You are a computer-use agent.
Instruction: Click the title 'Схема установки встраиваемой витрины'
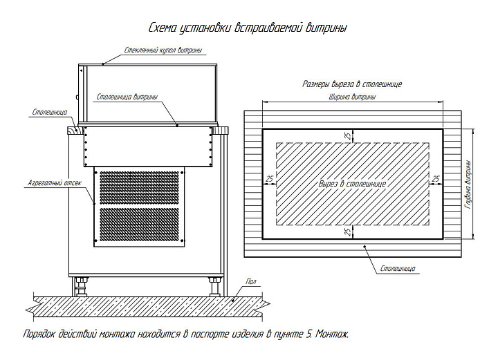(x=248, y=28)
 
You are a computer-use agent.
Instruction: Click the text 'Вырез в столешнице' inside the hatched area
(x=352, y=184)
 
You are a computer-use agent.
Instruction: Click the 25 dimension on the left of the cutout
(x=268, y=179)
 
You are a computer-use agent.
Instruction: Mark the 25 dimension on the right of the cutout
(x=436, y=179)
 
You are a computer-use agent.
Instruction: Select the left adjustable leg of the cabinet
(x=81, y=283)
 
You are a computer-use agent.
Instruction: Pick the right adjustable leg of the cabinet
(x=212, y=283)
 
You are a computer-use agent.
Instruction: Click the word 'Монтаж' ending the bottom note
(x=333, y=334)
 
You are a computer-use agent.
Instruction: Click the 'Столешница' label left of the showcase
(x=50, y=111)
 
